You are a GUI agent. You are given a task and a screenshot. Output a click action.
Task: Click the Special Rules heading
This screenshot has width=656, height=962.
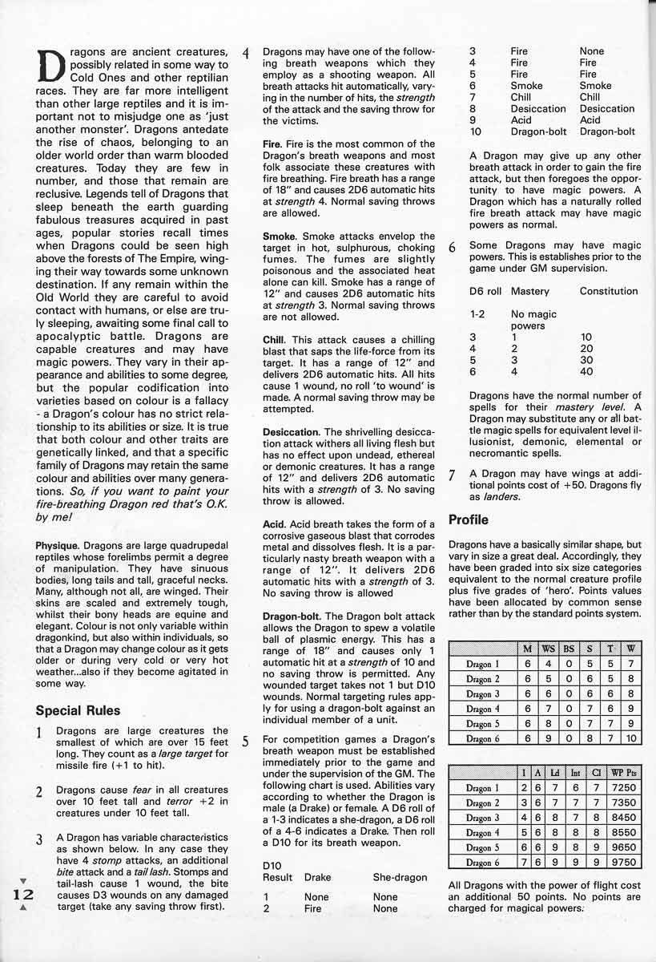click(78, 710)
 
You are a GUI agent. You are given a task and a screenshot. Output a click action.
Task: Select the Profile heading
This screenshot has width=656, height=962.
click(469, 519)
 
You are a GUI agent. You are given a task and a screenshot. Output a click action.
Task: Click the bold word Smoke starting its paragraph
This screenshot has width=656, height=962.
click(280, 237)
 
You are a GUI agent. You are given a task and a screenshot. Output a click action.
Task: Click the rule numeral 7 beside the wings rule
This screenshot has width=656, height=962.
click(452, 475)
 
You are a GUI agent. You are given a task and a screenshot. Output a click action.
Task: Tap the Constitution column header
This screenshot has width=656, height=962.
click(609, 291)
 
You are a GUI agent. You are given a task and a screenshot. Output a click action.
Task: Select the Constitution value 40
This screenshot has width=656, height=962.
click(587, 371)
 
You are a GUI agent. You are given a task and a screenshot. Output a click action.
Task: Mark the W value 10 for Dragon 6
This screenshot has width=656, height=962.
click(631, 738)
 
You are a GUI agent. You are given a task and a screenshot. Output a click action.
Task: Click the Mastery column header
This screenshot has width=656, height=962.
click(529, 291)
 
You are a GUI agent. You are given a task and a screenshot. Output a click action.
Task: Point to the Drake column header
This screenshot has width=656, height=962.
click(319, 878)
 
